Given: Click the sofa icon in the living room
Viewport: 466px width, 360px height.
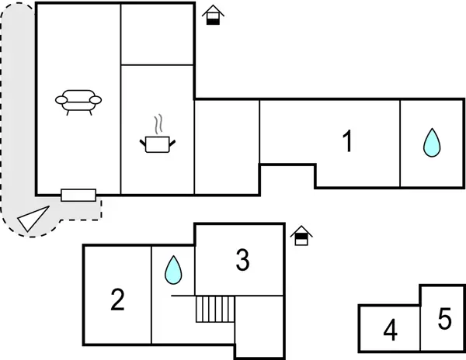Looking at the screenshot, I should [79, 101].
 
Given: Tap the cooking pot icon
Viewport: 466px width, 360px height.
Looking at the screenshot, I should [158, 144].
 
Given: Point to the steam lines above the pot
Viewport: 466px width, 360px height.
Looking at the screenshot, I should [158, 124].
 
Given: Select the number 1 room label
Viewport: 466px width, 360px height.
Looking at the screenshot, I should [348, 141].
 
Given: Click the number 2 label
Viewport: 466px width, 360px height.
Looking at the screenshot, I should [117, 299].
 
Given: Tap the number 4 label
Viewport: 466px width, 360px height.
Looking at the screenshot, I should [390, 331].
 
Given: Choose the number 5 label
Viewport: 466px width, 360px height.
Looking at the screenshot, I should [444, 319].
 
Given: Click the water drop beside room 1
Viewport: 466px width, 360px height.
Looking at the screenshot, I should [431, 143].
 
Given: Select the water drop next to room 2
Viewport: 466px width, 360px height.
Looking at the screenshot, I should [172, 270].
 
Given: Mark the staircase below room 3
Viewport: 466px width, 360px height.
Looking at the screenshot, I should [215, 309].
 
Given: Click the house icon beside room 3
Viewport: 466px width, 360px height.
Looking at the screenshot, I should [301, 235].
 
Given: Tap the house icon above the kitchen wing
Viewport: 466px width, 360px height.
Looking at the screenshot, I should [211, 16].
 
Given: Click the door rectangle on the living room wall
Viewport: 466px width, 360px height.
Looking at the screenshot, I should [78, 195].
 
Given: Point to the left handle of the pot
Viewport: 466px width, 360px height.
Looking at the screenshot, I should [143, 141].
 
